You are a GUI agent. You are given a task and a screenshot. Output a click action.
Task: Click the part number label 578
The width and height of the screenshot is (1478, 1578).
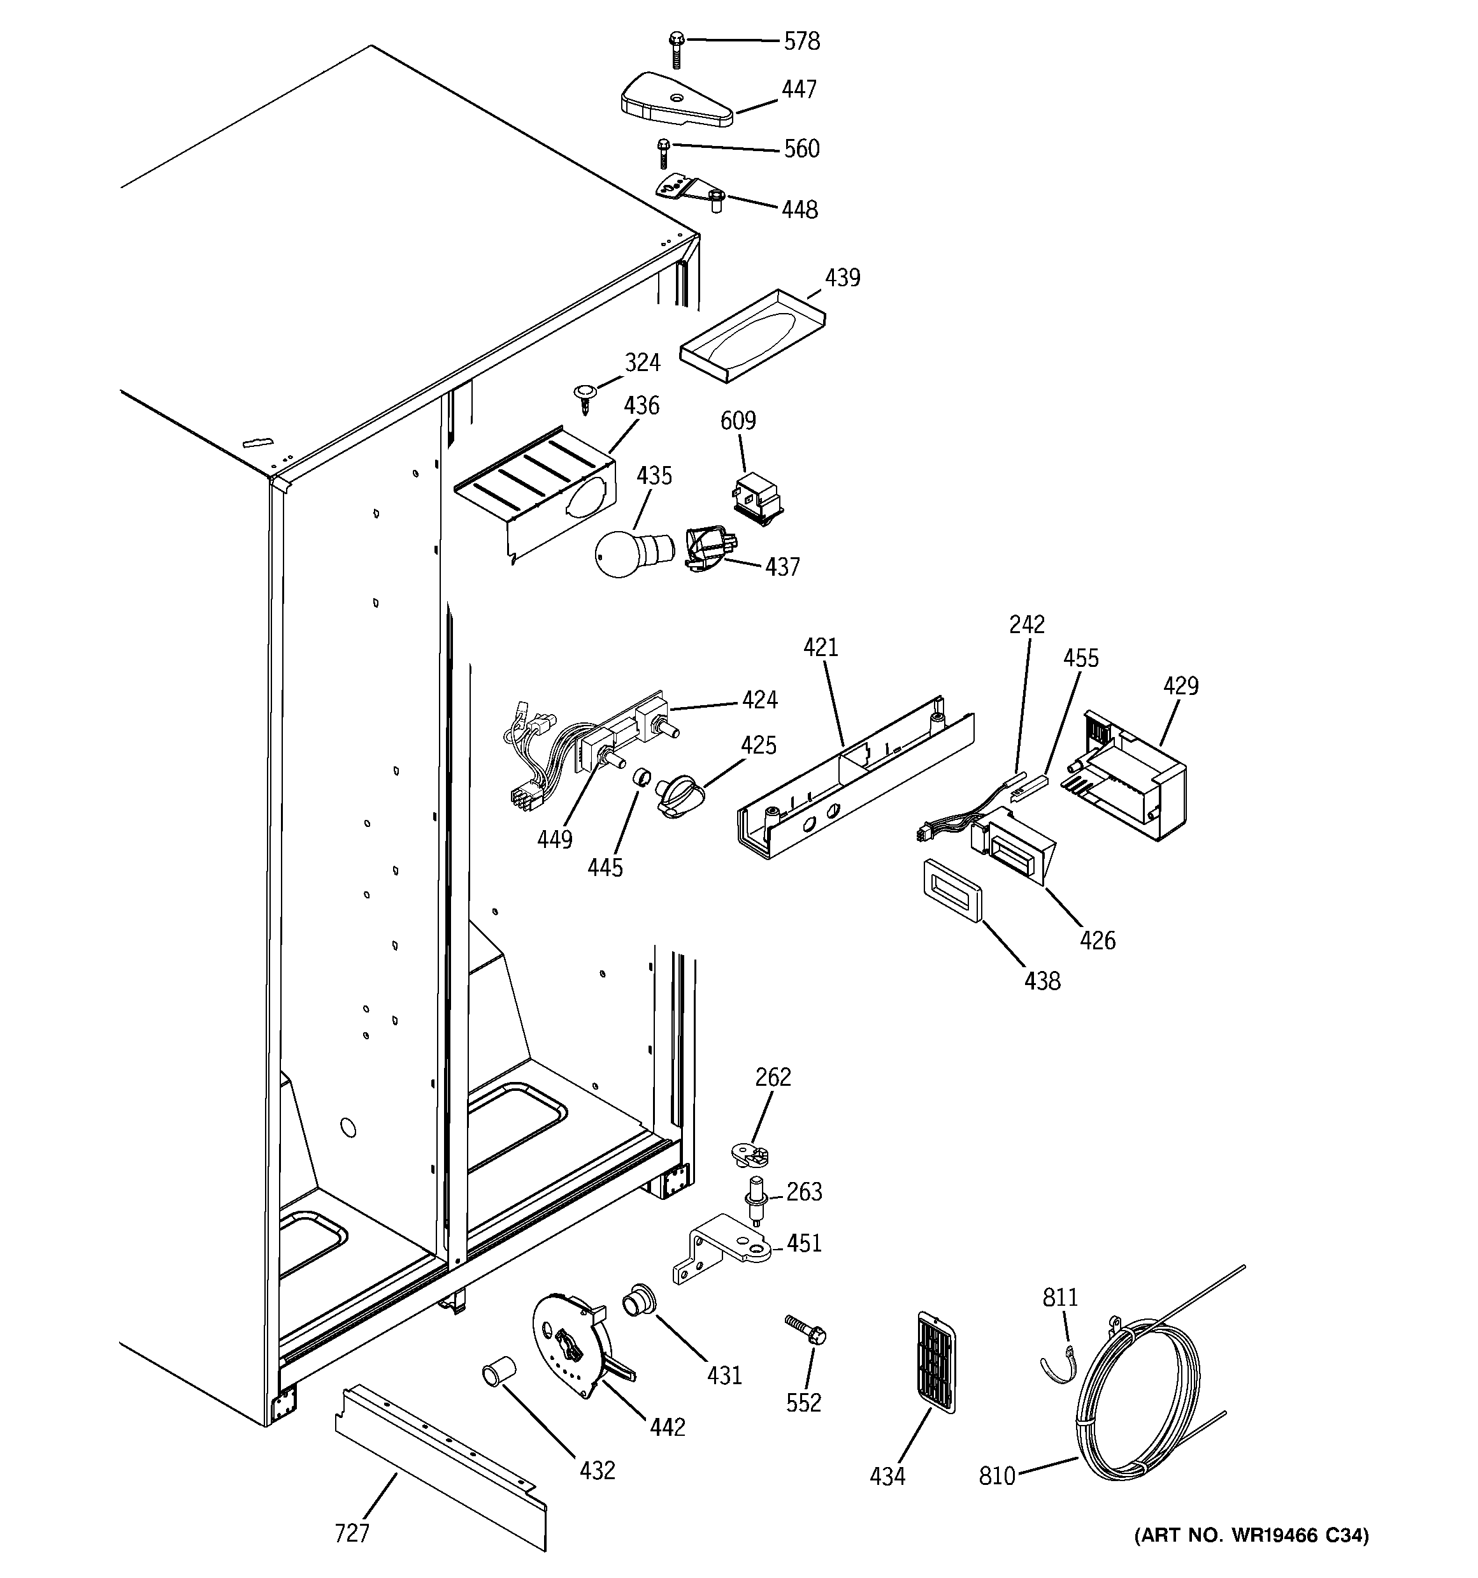pos(801,41)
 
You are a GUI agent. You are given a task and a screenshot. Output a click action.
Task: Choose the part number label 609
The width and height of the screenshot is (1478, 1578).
pos(738,421)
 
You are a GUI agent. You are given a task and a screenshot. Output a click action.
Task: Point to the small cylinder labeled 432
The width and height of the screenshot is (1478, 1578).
pos(499,1371)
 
